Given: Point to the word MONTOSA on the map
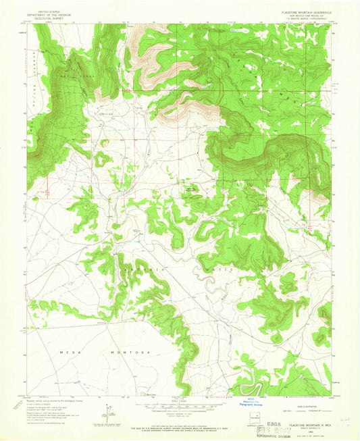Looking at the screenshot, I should tap(120, 352).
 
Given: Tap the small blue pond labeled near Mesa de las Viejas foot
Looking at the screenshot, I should tap(105, 115).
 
